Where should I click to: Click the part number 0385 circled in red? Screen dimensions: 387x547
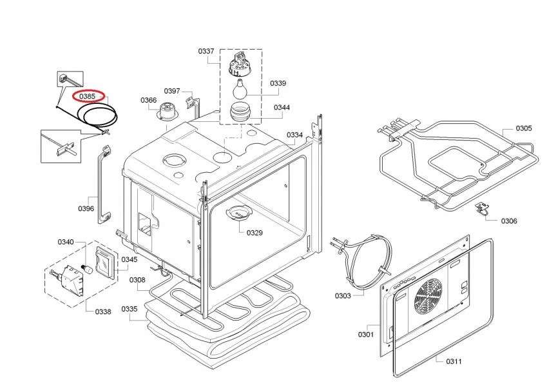(x=87, y=96)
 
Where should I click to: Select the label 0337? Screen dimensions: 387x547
(x=206, y=50)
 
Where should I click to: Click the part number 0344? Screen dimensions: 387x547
(x=282, y=107)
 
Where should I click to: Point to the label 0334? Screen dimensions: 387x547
(x=294, y=135)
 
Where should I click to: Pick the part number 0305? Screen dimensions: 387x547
(x=523, y=128)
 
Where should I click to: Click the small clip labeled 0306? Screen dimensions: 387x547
(x=481, y=207)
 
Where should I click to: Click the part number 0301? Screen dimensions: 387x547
(x=366, y=334)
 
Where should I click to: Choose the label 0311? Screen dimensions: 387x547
(x=454, y=361)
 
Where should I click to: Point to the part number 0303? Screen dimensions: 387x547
(x=342, y=296)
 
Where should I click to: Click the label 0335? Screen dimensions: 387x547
(x=130, y=309)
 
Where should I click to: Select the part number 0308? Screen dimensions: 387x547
(x=137, y=280)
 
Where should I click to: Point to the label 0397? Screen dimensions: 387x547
(x=171, y=91)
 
